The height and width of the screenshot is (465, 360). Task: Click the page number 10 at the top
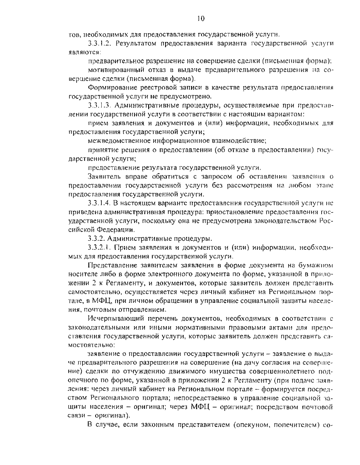[x=201, y=19]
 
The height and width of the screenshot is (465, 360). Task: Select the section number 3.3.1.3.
[x=100, y=106]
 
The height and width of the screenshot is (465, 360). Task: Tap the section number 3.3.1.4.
[x=100, y=204]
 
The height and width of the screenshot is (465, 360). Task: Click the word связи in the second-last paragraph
[x=76, y=416]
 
